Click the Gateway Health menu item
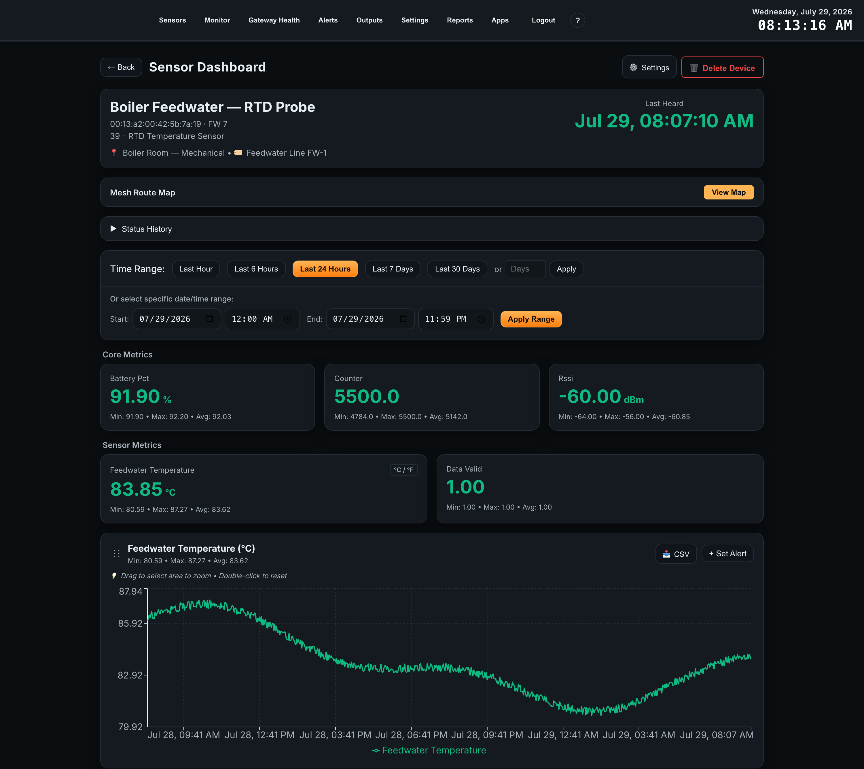(274, 20)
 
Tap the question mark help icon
(577, 20)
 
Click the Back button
(121, 67)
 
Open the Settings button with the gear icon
(649, 67)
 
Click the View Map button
(728, 193)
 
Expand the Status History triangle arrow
(113, 229)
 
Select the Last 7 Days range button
(393, 269)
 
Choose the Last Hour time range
(196, 269)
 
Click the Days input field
(525, 269)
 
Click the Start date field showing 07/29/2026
(176, 319)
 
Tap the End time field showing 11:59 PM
(455, 319)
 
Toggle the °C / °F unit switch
(403, 470)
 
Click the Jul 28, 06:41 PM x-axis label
(411, 735)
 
